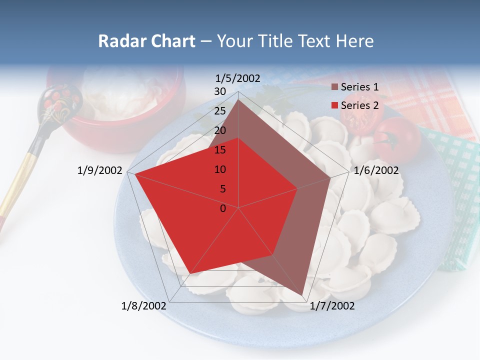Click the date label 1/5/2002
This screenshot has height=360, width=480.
pos(238,78)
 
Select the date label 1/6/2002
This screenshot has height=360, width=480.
pos(376,170)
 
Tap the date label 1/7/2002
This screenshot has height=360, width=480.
pos(332,305)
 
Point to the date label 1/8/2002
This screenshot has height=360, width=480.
pos(144,305)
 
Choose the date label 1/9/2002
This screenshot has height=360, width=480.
pos(100,170)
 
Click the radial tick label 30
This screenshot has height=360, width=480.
pos(220,91)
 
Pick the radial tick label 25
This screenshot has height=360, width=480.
pos(220,111)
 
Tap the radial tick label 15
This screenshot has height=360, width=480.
pos(220,150)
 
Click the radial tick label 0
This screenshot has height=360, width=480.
pos(223,208)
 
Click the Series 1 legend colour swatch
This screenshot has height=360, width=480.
pos(334,87)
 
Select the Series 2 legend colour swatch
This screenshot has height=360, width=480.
pos(334,105)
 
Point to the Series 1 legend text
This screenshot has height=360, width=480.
pos(359,87)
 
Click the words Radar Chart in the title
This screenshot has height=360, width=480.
pos(146,41)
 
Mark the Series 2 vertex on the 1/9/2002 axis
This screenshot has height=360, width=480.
pos(134,173)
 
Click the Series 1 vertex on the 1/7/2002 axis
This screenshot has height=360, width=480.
pos(302,295)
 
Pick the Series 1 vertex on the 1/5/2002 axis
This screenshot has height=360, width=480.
pos(238,100)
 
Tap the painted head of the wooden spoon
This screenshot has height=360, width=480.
pos(60,102)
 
